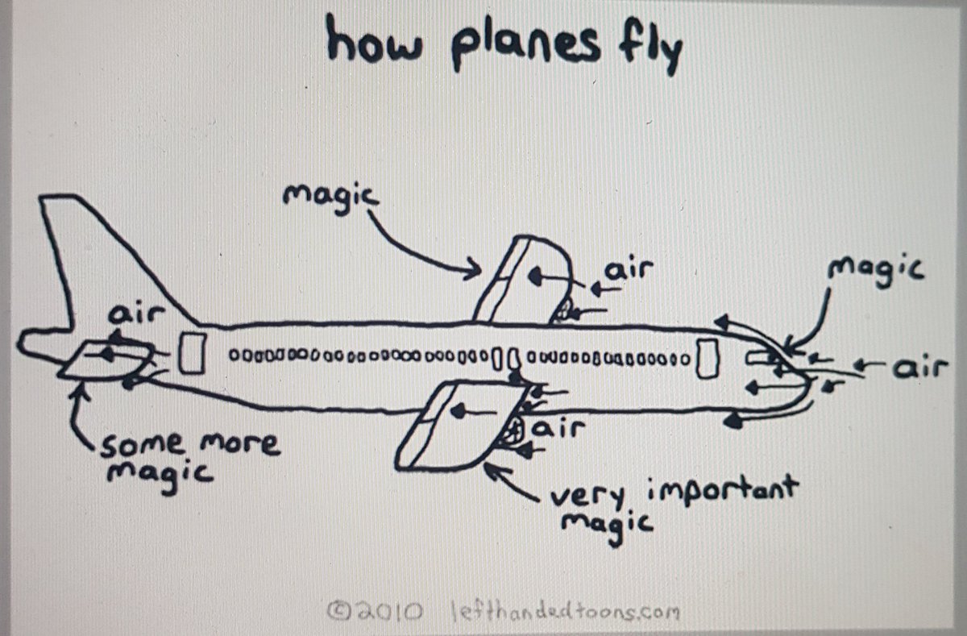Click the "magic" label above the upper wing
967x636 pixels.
330,199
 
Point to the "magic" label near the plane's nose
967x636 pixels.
876,271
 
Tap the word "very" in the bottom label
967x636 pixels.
587,496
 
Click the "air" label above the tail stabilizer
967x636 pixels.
136,314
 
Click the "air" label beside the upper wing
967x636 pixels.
629,269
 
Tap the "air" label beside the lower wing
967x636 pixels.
558,429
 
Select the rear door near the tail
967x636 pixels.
192,353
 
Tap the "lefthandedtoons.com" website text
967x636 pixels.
565,612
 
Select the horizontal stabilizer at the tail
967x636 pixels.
106,362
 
